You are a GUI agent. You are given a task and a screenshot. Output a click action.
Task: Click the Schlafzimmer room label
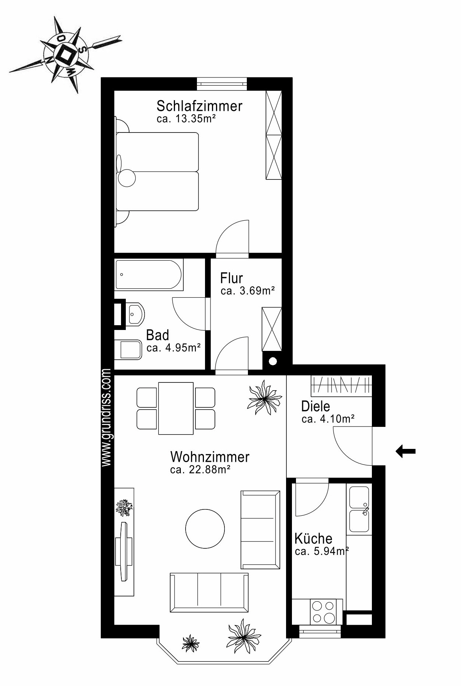tap(199, 106)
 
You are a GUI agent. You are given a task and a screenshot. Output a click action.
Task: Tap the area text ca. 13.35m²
tap(186, 119)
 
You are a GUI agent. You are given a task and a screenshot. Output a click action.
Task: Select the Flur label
tap(231, 278)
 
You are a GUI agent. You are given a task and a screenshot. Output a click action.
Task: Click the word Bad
tap(157, 335)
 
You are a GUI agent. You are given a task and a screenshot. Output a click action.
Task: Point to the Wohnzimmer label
tap(210, 457)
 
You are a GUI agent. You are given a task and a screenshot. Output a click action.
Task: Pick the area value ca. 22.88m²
tap(200, 469)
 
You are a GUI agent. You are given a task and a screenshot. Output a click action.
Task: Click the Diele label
tap(315, 406)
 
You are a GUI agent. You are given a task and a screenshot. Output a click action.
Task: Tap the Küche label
tap(313, 538)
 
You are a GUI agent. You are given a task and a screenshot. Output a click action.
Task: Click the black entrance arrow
tap(406, 451)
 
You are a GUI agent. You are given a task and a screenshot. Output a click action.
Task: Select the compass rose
tap(66, 54)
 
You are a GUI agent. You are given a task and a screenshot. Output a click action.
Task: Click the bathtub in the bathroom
tap(149, 275)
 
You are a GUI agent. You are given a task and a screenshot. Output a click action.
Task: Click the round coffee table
tap(205, 529)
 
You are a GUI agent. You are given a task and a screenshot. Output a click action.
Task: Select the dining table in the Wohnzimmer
tap(176, 408)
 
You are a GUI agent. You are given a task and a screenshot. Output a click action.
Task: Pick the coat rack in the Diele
tap(341, 385)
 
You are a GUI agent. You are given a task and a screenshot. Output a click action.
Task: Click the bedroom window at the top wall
tap(222, 84)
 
